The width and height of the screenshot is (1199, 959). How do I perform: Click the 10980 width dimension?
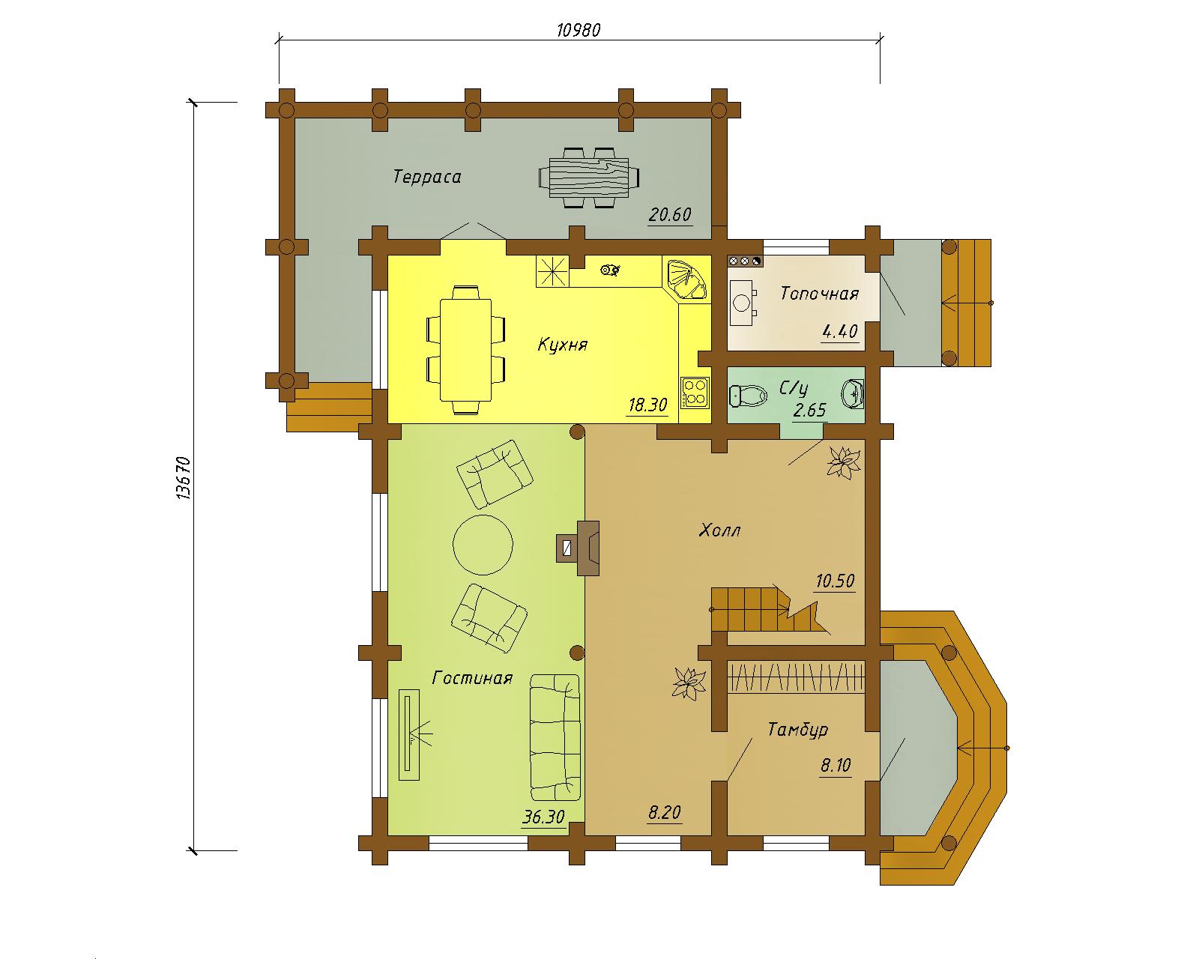pyautogui.click(x=579, y=29)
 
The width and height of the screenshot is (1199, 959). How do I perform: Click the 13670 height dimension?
pyautogui.click(x=184, y=477)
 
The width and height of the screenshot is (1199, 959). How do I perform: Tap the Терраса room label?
pyautogui.click(x=427, y=177)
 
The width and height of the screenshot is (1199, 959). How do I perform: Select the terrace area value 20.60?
pyautogui.click(x=670, y=214)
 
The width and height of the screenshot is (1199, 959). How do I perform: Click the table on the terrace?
pyautogui.click(x=589, y=178)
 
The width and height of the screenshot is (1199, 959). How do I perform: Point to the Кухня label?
pyautogui.click(x=562, y=345)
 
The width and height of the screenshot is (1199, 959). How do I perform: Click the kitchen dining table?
pyautogui.click(x=466, y=350)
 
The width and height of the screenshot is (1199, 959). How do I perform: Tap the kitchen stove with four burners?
pyautogui.click(x=695, y=391)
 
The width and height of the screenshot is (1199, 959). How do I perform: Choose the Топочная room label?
pyautogui.click(x=820, y=293)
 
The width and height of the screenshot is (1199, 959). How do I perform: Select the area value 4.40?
pyautogui.click(x=840, y=332)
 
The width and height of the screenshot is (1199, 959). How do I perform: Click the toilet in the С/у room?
pyautogui.click(x=748, y=395)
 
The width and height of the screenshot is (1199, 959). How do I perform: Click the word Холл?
pyautogui.click(x=719, y=530)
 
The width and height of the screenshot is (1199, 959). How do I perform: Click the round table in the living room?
pyautogui.click(x=483, y=545)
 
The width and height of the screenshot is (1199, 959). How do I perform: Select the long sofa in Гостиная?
pyautogui.click(x=555, y=737)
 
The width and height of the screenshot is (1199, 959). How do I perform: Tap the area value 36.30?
pyautogui.click(x=543, y=817)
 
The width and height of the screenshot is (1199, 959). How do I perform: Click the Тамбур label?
pyautogui.click(x=798, y=730)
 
